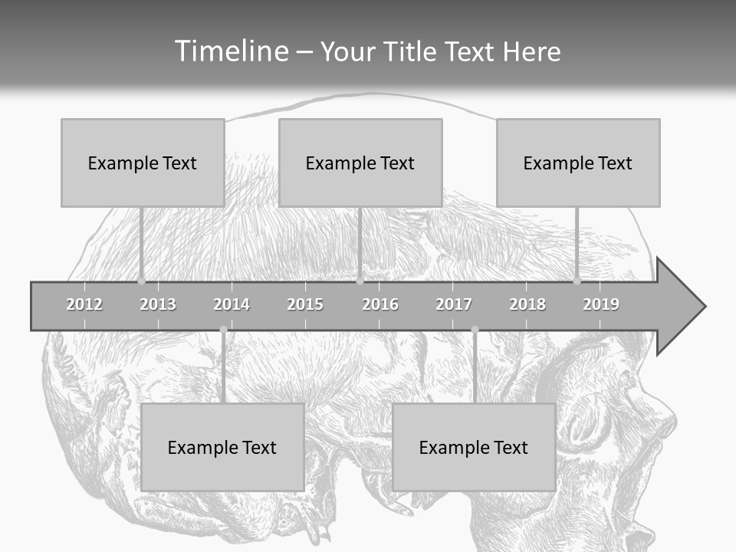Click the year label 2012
click(84, 304)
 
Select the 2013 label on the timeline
click(158, 304)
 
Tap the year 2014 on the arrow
click(232, 304)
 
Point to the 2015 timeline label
click(305, 304)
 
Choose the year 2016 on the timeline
click(380, 304)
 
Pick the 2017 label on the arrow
click(454, 304)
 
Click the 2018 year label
click(527, 304)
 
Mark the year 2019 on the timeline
click(601, 304)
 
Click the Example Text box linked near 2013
click(143, 163)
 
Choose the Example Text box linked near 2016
click(360, 163)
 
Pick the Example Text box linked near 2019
click(578, 163)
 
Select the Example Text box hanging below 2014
click(222, 447)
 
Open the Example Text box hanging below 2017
click(474, 447)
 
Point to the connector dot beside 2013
click(141, 281)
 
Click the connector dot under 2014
click(223, 330)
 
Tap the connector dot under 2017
click(475, 330)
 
